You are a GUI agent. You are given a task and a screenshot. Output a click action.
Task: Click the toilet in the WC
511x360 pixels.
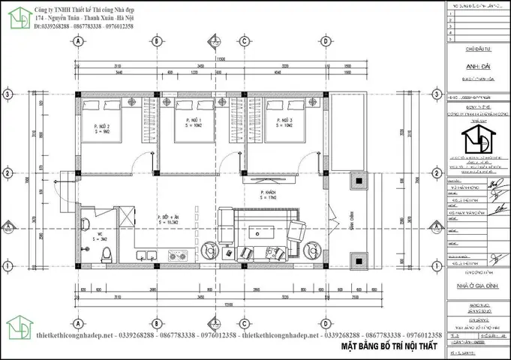pos(107,253)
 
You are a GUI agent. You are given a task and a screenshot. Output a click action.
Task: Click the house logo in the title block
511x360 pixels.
pos(477,139)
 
